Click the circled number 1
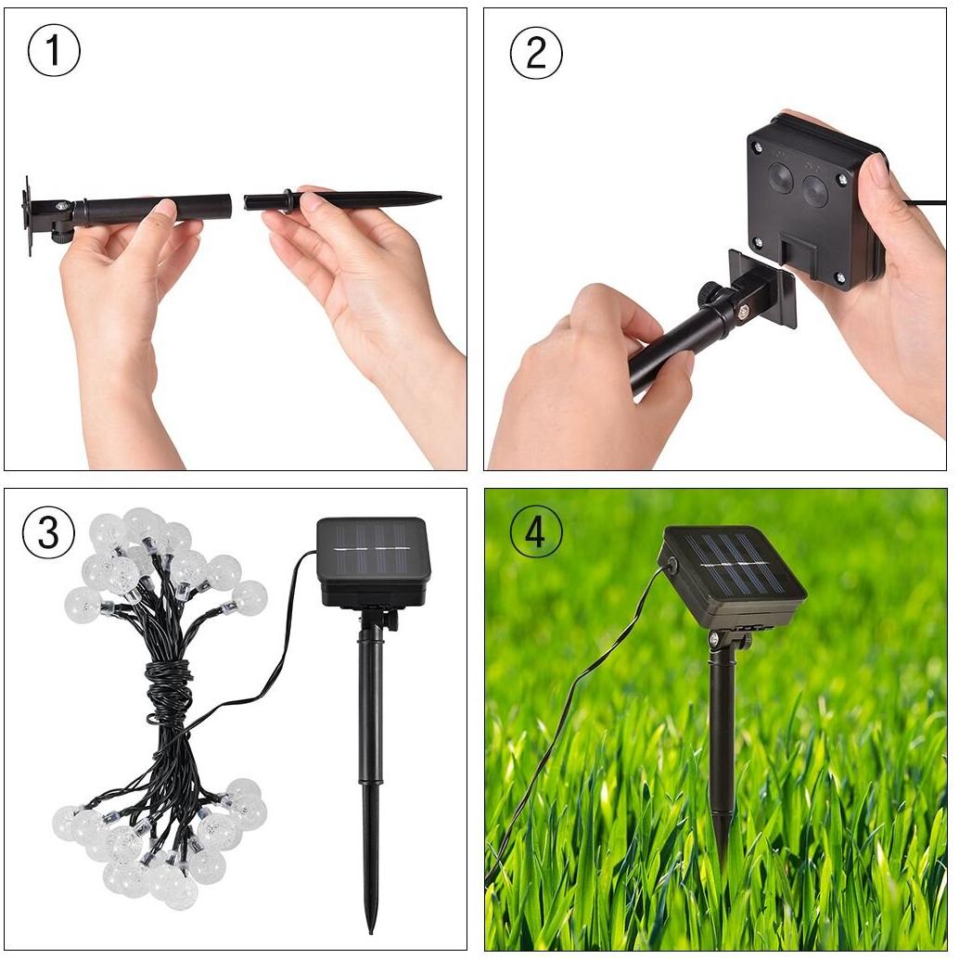coord(54,51)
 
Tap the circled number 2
coord(536,53)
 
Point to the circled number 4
coord(535,531)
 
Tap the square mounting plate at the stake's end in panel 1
coord(27,215)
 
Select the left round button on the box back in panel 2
coord(781,176)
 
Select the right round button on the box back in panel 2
coord(814,190)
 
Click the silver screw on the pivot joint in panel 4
coord(713,639)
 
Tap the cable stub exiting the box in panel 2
coord(924,202)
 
